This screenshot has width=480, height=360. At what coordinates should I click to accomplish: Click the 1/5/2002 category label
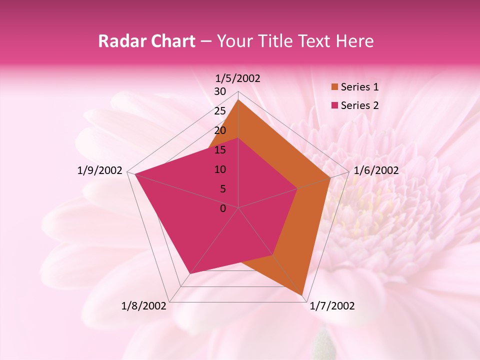[x=238, y=78]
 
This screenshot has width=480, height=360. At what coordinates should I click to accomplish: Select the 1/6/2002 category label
[x=376, y=170]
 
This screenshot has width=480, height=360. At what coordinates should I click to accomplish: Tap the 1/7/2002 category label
[x=332, y=306]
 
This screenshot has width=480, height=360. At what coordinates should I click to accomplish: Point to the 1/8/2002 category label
[x=144, y=306]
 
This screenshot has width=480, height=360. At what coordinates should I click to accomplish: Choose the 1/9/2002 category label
[x=100, y=170]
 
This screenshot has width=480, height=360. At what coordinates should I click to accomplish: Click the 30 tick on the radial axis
[x=220, y=91]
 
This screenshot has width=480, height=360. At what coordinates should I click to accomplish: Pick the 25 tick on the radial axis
[x=220, y=111]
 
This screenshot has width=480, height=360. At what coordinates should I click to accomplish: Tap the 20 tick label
[x=220, y=130]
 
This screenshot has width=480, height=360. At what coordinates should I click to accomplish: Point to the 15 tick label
[x=220, y=150]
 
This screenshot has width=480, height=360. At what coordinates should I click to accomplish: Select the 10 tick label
[x=220, y=169]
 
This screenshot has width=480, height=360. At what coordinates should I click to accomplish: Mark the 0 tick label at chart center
[x=223, y=208]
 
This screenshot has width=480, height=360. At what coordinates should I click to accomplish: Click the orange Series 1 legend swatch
[x=334, y=87]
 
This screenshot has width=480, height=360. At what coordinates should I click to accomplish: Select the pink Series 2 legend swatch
[x=334, y=105]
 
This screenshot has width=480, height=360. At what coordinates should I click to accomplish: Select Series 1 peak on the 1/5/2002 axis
[x=238, y=99]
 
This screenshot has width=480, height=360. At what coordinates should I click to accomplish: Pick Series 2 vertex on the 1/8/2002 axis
[x=190, y=274]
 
